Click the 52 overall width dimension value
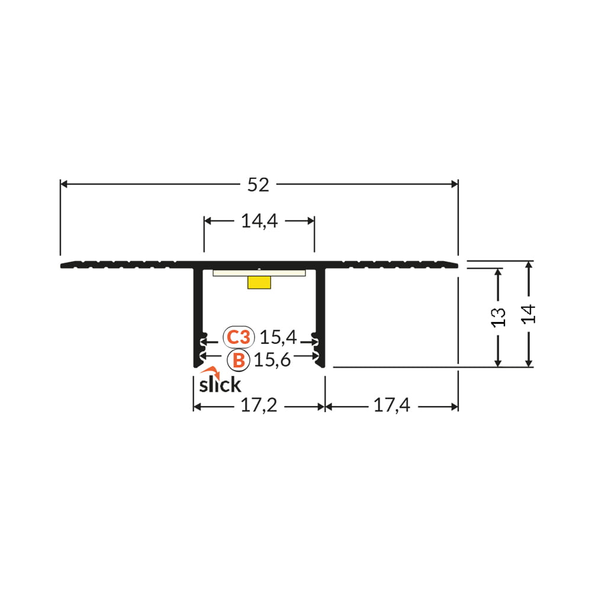tap(258, 185)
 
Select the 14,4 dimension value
tap(259, 221)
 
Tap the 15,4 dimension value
tap(278, 337)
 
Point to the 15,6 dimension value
tap(272, 359)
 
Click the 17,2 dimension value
tap(259, 406)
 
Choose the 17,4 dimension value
tap(391, 406)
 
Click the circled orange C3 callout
tap(239, 337)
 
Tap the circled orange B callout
tap(239, 360)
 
